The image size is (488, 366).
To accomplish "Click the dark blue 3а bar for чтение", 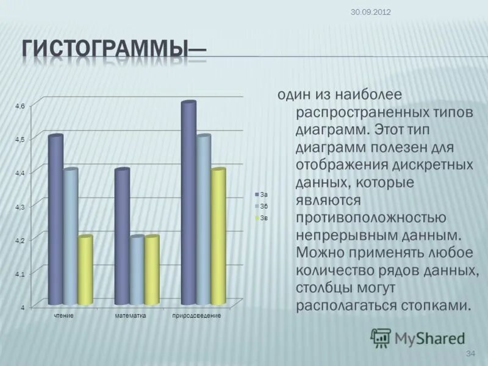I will pos(56,220).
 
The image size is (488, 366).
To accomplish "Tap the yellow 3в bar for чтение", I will pos(85,270).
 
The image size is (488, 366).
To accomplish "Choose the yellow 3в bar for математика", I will pos(151,270).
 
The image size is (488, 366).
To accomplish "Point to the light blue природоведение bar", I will pos(203,220).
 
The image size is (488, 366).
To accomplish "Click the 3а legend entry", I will pos(262,193).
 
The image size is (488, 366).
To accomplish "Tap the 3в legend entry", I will pos(262,218).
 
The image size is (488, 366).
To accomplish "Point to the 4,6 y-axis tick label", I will pos(20,106).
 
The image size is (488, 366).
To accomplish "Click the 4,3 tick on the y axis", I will pos(20,207).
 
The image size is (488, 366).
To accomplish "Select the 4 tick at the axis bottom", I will pos(24,308).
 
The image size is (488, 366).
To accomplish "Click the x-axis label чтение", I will pos(63,316).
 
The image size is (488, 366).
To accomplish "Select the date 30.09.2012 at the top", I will pos(371,12).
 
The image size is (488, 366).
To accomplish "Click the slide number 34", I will pos(470,354).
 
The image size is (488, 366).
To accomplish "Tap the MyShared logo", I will pos(417,337).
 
